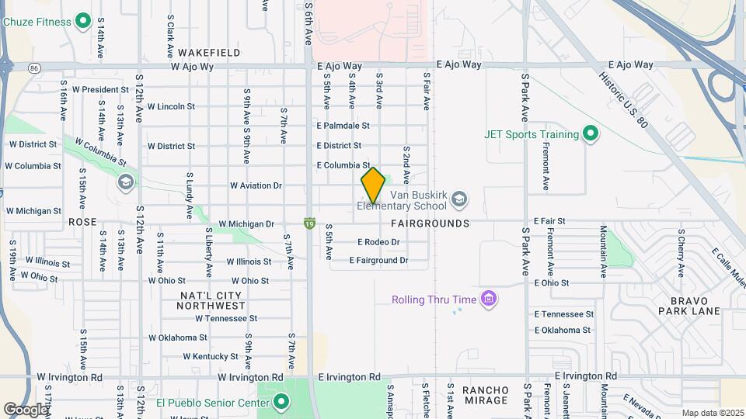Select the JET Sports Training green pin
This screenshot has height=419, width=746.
pos(591,134)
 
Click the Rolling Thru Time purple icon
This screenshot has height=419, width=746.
pos(489,299)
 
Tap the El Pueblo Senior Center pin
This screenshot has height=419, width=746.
pos(281,402)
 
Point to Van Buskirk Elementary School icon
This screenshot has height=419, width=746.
pos(459,199)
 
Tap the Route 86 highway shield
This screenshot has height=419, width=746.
pos(34,68)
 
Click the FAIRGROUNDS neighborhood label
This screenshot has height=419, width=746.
pos(430,223)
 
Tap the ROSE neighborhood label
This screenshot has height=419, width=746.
pos(82,222)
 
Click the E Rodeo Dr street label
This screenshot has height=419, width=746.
pos(378,242)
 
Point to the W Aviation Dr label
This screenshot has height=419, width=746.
pos(256,185)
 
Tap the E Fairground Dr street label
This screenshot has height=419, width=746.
pos(378,261)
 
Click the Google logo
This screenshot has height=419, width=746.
pos(26,409)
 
